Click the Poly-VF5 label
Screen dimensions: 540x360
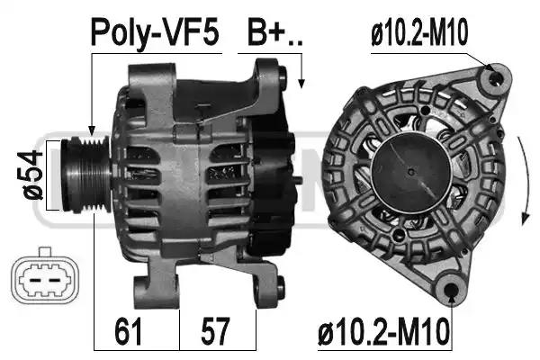[x=155, y=33]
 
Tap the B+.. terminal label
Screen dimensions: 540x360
[x=274, y=32]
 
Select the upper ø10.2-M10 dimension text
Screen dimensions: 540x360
[x=419, y=32]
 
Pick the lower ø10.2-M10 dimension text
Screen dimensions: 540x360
[x=384, y=331]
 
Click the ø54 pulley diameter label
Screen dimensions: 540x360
[x=33, y=175]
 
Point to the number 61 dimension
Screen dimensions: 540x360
[x=128, y=331]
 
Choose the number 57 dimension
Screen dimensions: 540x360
[x=215, y=331]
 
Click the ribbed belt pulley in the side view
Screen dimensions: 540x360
[x=86, y=175]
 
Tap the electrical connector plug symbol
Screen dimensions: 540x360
[x=45, y=277]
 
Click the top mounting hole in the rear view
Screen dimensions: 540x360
[x=495, y=79]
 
